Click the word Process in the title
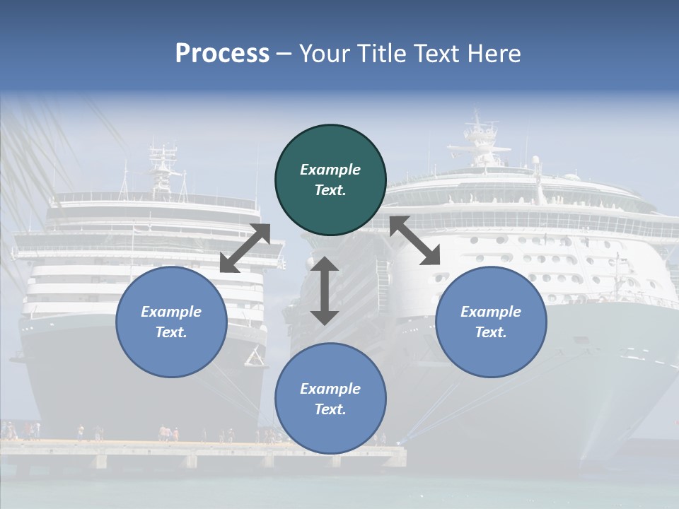222,54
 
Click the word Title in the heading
381,54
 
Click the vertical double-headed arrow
325,291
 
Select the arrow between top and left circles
245,248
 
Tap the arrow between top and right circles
414,240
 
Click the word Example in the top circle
330,170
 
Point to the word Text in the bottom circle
329,409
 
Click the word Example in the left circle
171,312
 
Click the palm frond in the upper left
42,141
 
